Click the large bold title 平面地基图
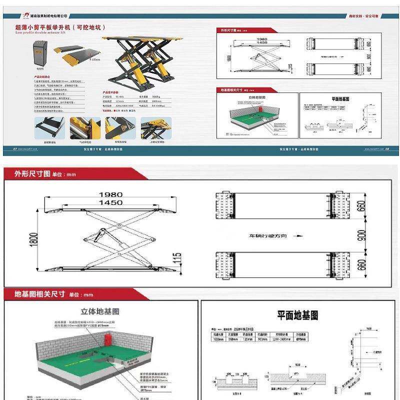pos(298,315)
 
